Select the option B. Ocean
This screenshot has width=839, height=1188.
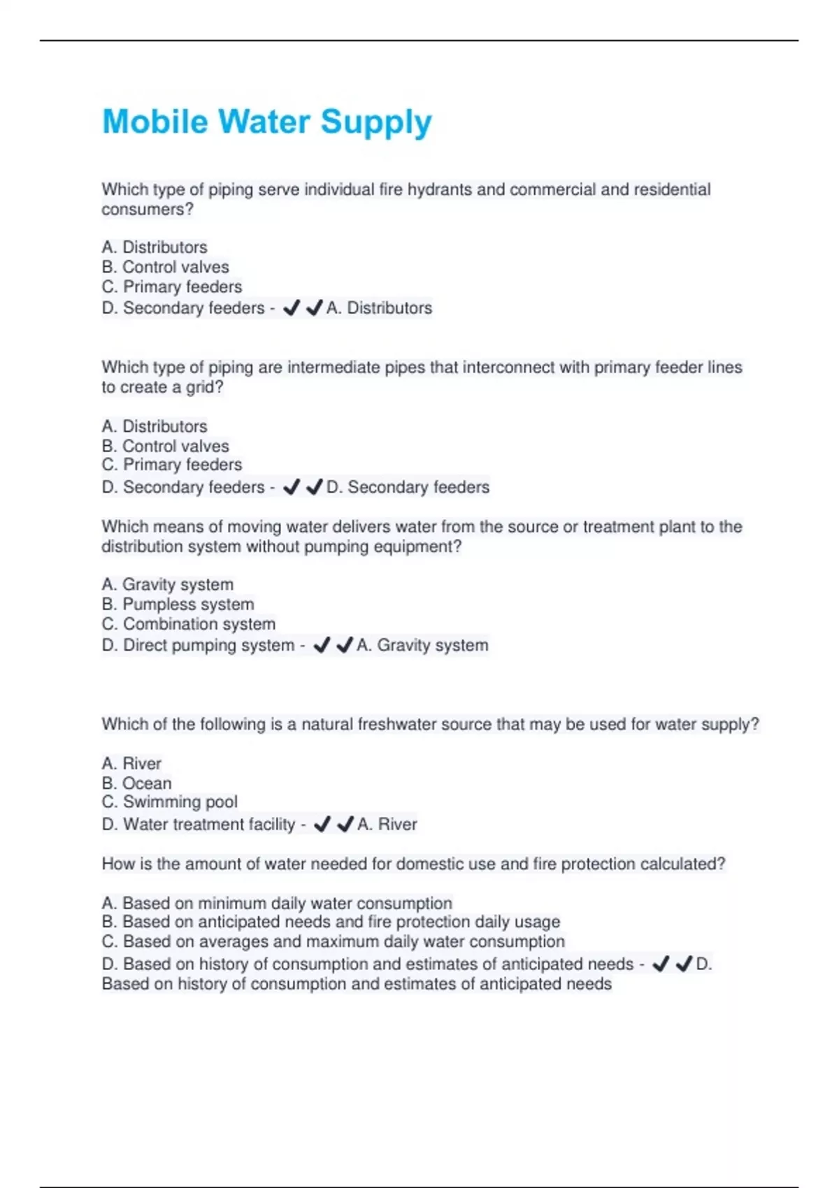[x=136, y=783]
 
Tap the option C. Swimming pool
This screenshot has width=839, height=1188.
[x=169, y=802]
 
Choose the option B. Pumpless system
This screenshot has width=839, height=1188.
[x=178, y=604]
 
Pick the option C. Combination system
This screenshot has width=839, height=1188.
[x=188, y=623]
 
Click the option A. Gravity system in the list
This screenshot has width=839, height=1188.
[x=167, y=584]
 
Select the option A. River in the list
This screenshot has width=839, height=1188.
[x=131, y=763]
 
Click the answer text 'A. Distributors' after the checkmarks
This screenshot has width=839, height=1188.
[x=379, y=307]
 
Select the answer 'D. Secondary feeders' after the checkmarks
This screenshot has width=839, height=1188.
[x=408, y=487]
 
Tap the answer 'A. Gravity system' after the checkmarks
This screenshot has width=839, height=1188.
[x=422, y=645]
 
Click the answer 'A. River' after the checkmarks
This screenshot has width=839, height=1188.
[x=387, y=824]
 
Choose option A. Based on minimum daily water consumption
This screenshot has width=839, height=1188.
[x=277, y=903]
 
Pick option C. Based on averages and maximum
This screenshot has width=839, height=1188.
[x=333, y=941]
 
